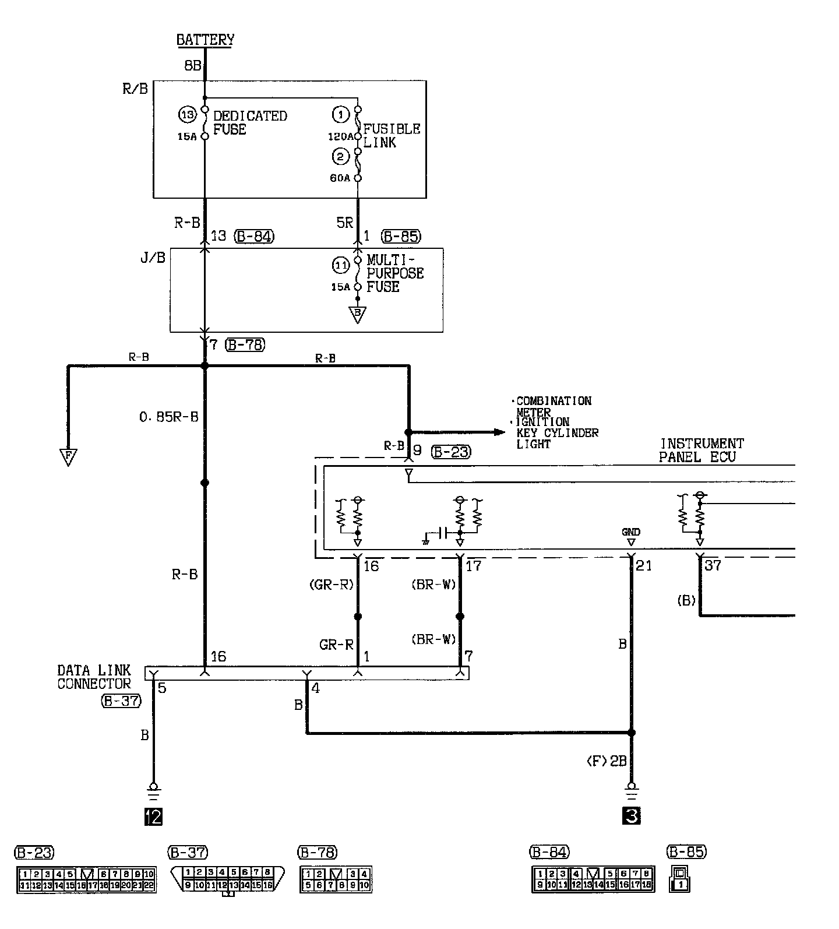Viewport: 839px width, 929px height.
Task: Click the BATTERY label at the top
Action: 205,40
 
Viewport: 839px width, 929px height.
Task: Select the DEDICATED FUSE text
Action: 250,123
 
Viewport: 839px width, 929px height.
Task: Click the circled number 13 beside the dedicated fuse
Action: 187,115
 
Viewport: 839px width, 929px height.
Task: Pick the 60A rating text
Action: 341,178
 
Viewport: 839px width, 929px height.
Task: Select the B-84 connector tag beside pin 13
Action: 253,236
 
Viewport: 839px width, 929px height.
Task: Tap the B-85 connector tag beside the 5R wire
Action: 401,236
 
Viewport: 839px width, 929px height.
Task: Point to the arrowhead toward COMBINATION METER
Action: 498,432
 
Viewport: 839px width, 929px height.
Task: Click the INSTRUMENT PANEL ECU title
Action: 701,450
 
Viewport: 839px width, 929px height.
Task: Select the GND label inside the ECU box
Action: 630,532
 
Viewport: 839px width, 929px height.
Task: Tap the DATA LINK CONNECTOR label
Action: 94,677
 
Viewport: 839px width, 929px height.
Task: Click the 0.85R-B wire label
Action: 169,417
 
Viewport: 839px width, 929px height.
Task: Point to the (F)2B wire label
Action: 606,762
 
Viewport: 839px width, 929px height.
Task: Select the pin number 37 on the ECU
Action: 713,565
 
